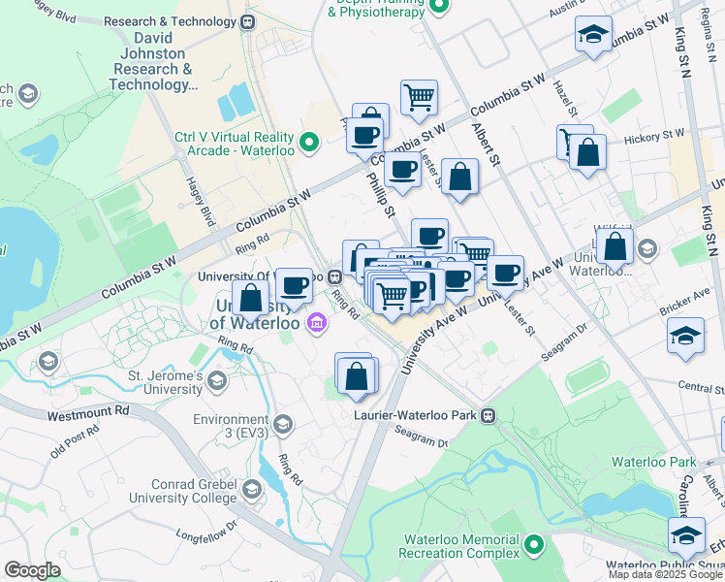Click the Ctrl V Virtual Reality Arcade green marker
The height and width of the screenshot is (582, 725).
309,144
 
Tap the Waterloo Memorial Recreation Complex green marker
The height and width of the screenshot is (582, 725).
534,545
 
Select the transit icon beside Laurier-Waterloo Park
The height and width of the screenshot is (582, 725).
489,415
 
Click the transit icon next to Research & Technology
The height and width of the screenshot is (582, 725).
248,21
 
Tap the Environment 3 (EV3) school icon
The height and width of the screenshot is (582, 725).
282,423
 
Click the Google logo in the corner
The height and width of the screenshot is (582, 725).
32,570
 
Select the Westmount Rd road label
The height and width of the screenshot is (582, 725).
88,412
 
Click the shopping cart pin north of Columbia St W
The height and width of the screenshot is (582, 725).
419,96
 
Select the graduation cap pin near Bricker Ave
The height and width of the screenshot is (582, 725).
685,335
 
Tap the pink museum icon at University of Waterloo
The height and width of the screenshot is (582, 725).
316,322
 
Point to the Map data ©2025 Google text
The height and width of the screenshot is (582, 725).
665,574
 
